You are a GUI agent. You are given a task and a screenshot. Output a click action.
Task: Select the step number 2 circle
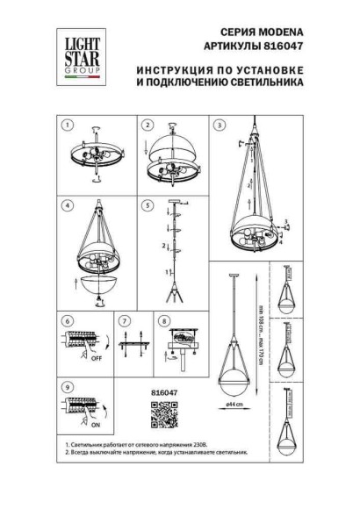(x=148, y=126)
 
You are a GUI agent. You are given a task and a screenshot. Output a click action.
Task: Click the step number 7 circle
(x=124, y=321)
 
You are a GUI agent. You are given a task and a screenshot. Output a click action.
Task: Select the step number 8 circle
(x=164, y=321)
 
